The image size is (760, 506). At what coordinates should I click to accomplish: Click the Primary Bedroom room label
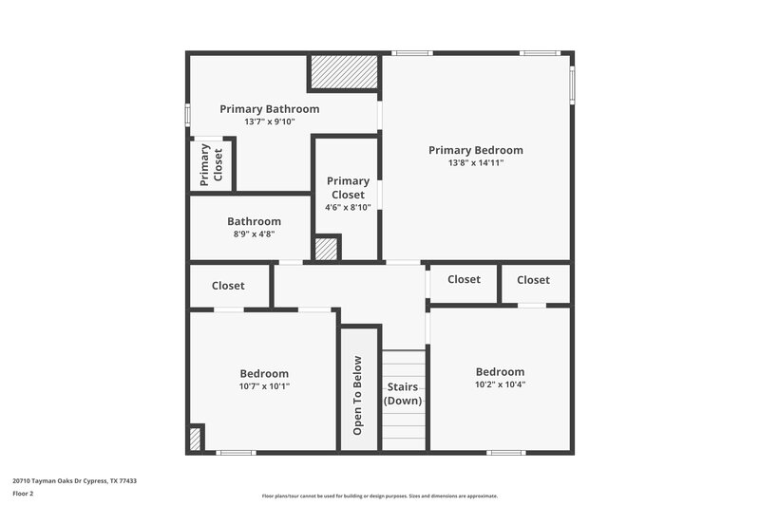click(475, 150)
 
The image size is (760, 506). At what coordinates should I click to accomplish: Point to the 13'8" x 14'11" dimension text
click(475, 163)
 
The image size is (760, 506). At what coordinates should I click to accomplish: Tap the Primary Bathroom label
click(269, 109)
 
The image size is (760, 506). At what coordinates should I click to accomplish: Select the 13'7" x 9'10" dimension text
click(269, 122)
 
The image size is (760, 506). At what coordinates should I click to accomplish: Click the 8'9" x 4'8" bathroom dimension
click(254, 234)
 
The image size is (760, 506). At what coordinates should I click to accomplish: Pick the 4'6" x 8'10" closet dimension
click(348, 207)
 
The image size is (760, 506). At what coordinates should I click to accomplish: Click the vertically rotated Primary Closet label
click(211, 163)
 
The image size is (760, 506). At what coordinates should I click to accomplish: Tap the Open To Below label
click(358, 395)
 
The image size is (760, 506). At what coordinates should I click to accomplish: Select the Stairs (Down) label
click(403, 394)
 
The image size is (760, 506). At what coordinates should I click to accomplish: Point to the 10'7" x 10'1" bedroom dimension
click(263, 386)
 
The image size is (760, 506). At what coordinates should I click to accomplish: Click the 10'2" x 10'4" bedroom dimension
click(500, 384)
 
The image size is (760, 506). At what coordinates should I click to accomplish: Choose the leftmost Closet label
click(228, 286)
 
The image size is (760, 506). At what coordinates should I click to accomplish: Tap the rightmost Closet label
click(533, 280)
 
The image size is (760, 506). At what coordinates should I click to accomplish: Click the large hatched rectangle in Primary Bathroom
click(343, 72)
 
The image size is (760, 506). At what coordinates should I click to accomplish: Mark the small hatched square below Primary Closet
click(326, 249)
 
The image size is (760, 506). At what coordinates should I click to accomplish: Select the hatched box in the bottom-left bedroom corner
click(195, 439)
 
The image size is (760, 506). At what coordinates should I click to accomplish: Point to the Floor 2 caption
click(23, 494)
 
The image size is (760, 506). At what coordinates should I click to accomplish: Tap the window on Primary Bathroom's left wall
click(188, 114)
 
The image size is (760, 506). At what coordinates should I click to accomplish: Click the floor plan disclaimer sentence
click(379, 496)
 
